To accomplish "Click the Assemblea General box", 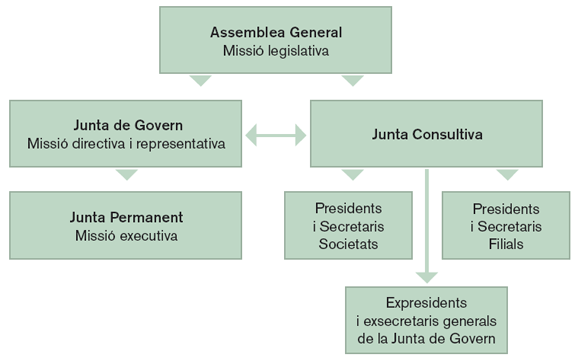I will click(276, 41).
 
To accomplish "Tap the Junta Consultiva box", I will click(428, 133).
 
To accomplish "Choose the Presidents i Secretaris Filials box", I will click(505, 226).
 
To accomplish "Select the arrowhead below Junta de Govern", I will click(125, 175).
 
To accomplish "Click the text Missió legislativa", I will click(276, 50).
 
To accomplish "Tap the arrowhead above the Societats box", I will click(351, 175).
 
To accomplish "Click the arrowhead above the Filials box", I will click(507, 175).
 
